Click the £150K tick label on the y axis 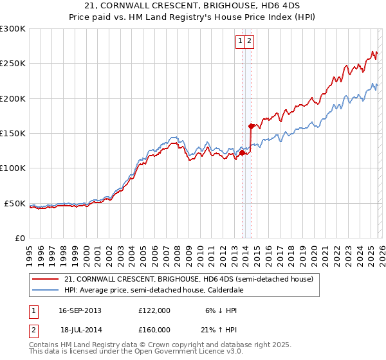pyautogui.click(x=13, y=133)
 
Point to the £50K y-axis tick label pyautogui.click(x=15, y=203)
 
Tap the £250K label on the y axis pyautogui.click(x=13, y=64)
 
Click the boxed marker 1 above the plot pyautogui.click(x=241, y=41)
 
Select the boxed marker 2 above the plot pyautogui.click(x=250, y=41)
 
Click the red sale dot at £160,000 pyautogui.click(x=251, y=126)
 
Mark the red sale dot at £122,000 pyautogui.click(x=242, y=153)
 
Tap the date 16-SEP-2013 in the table pyautogui.click(x=80, y=310)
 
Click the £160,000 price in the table pyautogui.click(x=154, y=329)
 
